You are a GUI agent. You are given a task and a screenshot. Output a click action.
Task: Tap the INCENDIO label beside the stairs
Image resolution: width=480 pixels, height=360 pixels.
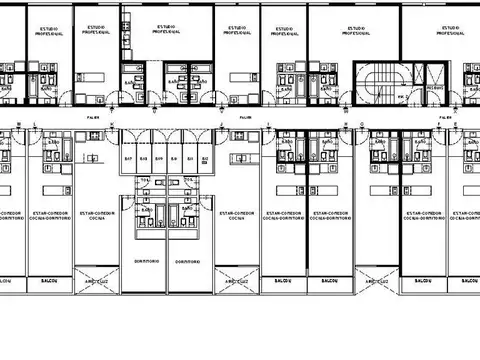coord(435,86)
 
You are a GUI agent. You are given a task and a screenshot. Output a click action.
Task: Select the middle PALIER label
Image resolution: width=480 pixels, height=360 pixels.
coord(244,116)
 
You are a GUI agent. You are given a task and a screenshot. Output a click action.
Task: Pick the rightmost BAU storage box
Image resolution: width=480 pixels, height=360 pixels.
coord(205,159)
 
